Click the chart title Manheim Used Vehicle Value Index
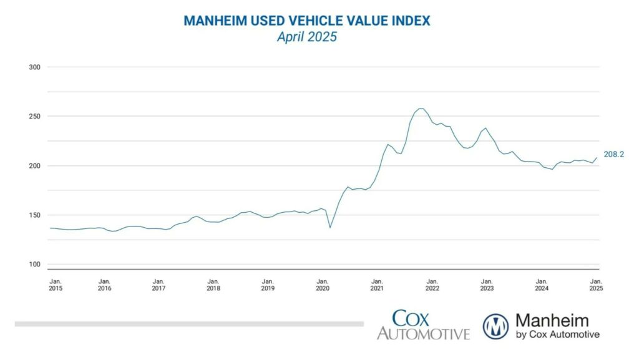coord(306,21)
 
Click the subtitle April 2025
coord(306,37)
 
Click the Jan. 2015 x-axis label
coord(56,285)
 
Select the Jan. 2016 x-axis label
coord(104,285)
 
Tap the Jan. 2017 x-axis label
coord(159,285)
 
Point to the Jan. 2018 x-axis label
coord(213,285)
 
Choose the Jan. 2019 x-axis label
coord(268,285)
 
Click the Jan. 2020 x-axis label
coord(323,285)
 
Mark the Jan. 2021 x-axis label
coord(377,285)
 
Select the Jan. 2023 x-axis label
coord(487,285)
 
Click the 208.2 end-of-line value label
coord(613,153)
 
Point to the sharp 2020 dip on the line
coord(330,227)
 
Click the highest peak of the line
coord(421,109)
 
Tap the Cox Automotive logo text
coord(422,325)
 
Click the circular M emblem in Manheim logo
coord(495,326)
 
